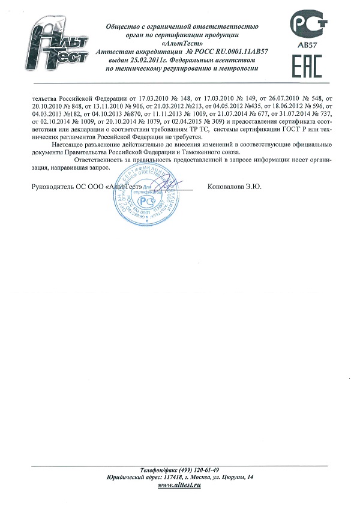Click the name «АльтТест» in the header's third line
coord(182,44)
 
